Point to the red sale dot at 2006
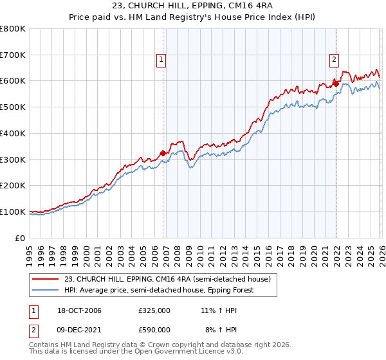(x=163, y=153)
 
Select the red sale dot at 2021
(x=336, y=84)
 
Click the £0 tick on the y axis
(x=21, y=238)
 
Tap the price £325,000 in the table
(x=154, y=311)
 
